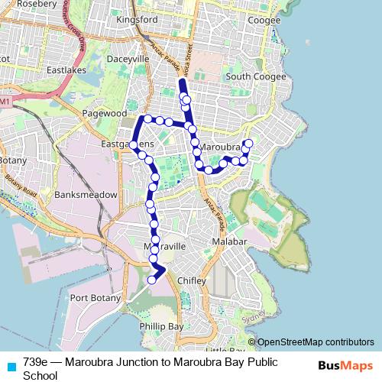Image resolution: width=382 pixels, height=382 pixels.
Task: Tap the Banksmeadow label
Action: (86, 195)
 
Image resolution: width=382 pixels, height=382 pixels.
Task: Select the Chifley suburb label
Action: (192, 281)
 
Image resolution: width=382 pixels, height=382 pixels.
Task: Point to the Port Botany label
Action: (93, 297)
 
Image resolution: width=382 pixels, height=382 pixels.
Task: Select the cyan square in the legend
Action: (10, 365)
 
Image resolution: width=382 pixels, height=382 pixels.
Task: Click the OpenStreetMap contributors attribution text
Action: (316, 342)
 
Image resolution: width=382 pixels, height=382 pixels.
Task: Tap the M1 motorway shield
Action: (5, 101)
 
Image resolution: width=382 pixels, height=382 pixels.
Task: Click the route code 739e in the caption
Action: (37, 361)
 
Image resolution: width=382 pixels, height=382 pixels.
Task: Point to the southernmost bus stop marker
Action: (151, 280)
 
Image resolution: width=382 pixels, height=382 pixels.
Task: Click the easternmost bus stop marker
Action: (248, 144)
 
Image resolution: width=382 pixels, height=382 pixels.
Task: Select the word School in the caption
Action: (40, 375)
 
